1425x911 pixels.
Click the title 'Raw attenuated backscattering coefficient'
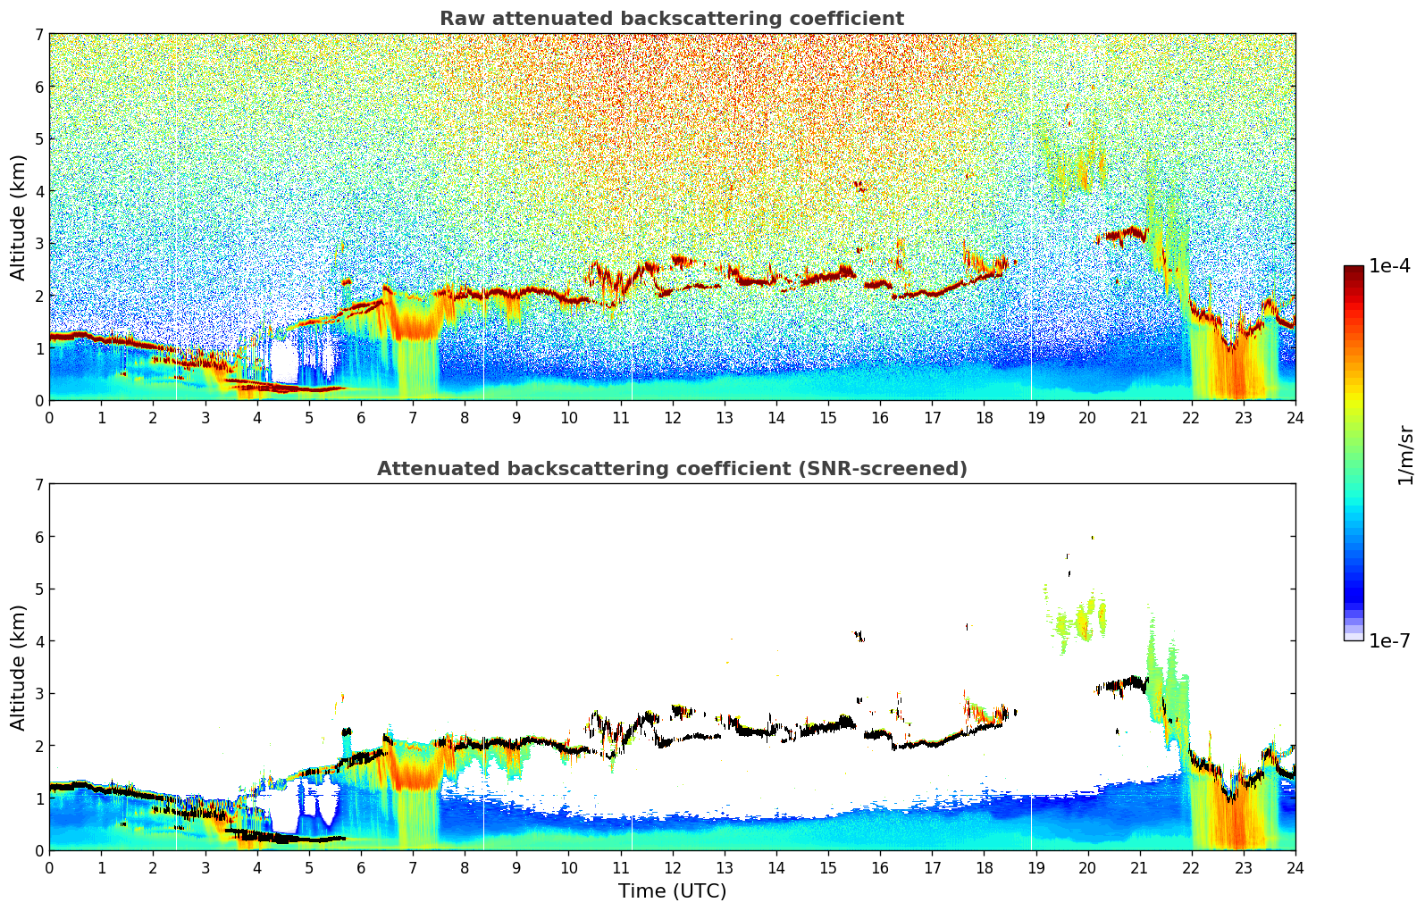tap(671, 19)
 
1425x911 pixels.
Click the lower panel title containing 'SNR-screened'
tap(671, 469)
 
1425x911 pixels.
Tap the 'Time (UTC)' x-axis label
tap(672, 891)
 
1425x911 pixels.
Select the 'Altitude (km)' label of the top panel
tap(19, 217)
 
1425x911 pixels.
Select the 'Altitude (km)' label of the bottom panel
tap(19, 667)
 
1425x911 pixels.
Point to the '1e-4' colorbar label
tap(1389, 266)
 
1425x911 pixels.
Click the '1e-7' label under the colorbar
tap(1389, 641)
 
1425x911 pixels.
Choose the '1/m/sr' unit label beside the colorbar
tap(1405, 455)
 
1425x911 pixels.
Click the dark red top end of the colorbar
tap(1353, 270)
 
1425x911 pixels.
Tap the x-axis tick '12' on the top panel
tap(672, 417)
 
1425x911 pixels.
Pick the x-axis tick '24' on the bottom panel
tap(1295, 867)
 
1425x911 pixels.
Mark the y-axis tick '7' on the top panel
tap(39, 35)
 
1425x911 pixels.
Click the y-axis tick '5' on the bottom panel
tap(39, 589)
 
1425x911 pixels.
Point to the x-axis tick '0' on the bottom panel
tap(49, 867)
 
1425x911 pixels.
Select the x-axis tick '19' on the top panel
tap(1035, 417)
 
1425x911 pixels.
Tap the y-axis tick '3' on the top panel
tap(39, 244)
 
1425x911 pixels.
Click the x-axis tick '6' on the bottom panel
tap(361, 867)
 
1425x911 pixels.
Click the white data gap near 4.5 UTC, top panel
tap(284, 363)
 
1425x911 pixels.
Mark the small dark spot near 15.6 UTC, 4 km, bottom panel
tap(859, 636)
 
